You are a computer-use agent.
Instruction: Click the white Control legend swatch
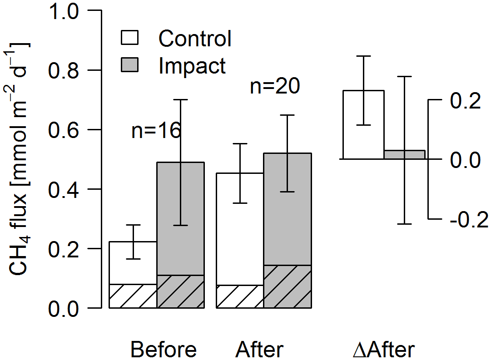(130, 38)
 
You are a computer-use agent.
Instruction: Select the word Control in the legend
(195, 39)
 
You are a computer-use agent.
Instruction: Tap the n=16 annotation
(156, 131)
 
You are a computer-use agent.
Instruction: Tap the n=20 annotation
(275, 86)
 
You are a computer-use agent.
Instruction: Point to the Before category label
(164, 350)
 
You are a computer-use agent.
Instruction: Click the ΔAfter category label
(384, 350)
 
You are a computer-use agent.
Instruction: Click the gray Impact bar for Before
(180, 218)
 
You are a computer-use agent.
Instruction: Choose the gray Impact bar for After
(287, 209)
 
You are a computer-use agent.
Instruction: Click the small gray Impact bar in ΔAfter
(404, 154)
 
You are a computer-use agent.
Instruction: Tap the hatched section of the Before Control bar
(133, 296)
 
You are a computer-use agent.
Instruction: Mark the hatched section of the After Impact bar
(287, 286)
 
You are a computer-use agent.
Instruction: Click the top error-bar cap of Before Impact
(180, 99)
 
